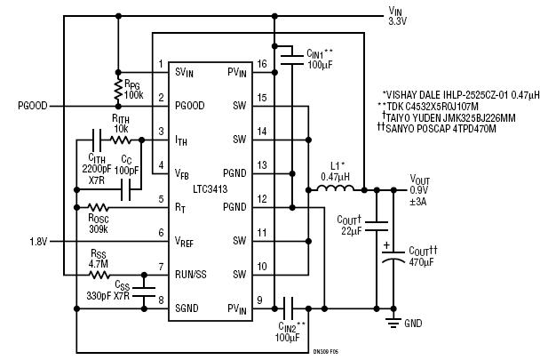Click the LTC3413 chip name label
click(210, 189)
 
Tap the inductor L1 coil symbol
click(336, 188)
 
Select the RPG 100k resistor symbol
click(118, 89)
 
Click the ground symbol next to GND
click(393, 322)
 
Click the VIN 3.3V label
click(397, 16)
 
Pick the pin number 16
click(262, 64)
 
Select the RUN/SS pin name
click(190, 275)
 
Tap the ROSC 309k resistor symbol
click(99, 207)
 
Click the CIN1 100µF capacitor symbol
click(292, 60)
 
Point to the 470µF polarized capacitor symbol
click(393, 256)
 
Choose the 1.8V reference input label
click(38, 242)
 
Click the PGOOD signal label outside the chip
click(33, 106)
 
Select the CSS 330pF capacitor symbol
click(144, 292)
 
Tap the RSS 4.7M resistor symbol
click(99, 275)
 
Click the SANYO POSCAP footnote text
click(437, 128)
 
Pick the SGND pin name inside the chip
click(187, 308)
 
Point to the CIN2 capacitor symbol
click(289, 308)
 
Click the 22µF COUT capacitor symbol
click(377, 226)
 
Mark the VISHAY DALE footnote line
click(461, 94)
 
